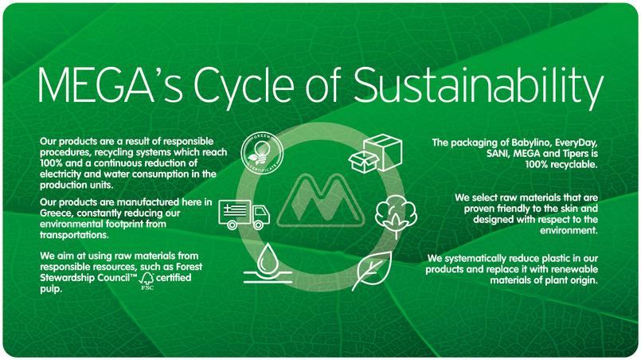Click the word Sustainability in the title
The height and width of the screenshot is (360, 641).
479,86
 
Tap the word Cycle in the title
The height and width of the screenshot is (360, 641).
244,86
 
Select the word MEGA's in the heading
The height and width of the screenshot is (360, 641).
111,85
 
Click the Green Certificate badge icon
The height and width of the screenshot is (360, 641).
262,153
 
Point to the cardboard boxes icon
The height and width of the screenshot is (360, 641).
375,154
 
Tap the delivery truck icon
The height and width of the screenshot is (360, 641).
244,214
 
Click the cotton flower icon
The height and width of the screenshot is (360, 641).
396,217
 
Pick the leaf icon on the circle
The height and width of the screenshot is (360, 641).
372,271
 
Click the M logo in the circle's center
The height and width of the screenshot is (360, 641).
320,200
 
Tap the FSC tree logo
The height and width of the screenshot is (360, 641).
147,281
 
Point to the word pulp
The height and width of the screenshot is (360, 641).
50,290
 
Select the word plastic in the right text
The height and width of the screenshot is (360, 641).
511,259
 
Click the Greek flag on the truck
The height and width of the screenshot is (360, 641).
235,210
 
